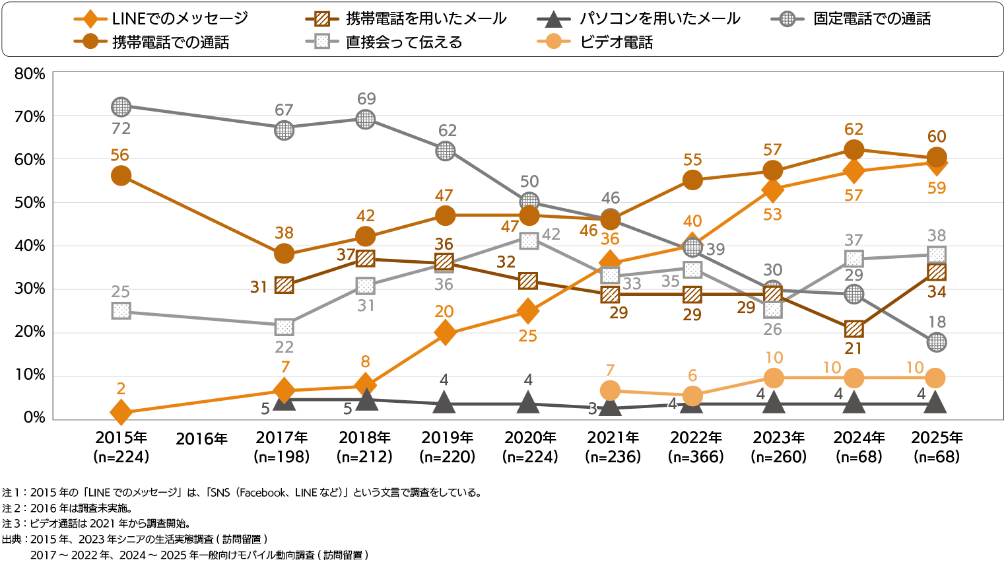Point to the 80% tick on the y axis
[30, 74]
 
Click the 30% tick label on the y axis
[30, 289]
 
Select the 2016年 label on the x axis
[201, 439]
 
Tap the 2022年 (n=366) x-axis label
[696, 447]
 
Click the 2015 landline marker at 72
[121, 106]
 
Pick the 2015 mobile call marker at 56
[121, 176]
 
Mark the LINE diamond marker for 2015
[121, 412]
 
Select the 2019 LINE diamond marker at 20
[446, 332]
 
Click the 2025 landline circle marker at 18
[936, 342]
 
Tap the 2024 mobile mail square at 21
[854, 329]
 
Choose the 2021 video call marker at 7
[611, 390]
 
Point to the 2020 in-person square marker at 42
[529, 240]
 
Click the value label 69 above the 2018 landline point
[366, 99]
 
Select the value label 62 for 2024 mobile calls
[854, 129]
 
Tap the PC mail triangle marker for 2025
[936, 402]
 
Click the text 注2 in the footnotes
[11, 509]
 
